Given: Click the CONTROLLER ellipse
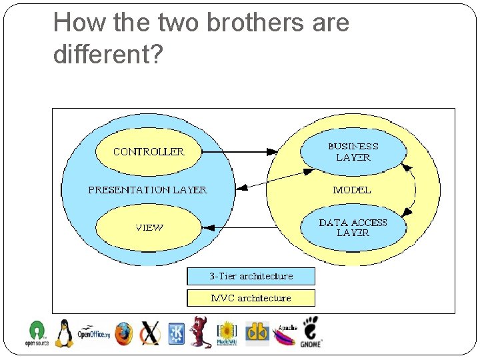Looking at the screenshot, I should tap(148, 152).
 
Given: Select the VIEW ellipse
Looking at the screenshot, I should tap(148, 228).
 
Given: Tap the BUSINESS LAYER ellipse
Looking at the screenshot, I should tap(353, 152).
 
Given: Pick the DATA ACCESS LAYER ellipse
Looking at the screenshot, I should tap(353, 228).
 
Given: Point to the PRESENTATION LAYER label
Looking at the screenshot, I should tap(147, 190).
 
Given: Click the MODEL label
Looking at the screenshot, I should tap(352, 190).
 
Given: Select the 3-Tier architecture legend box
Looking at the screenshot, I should tap(251, 276).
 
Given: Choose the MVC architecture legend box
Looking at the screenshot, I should tap(251, 298).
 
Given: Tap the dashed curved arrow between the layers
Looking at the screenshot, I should tap(413, 190).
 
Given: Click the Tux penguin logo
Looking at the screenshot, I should tap(64, 333).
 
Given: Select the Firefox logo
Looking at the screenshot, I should tap(123, 333).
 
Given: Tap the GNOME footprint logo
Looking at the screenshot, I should tap(311, 331).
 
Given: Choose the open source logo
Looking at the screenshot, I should tap(37, 333).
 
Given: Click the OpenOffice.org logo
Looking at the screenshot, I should tap(93, 333).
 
